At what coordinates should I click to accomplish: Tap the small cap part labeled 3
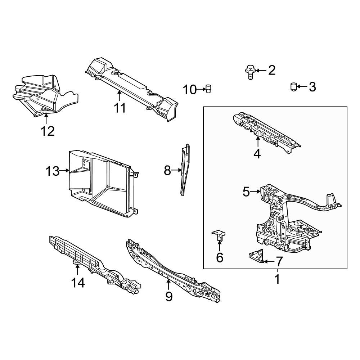[x=293, y=87]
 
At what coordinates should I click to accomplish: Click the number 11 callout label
[x=120, y=107]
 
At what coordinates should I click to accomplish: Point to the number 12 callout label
[x=48, y=131]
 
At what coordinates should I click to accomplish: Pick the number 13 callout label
[x=52, y=171]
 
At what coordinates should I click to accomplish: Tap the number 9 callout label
[x=169, y=296]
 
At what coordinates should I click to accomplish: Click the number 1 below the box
[x=277, y=279]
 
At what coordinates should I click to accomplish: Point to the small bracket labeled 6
[x=219, y=235]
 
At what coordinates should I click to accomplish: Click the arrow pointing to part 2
[x=261, y=70]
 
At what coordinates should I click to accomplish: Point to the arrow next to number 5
[x=256, y=192]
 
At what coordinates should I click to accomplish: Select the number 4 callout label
[x=257, y=154]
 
